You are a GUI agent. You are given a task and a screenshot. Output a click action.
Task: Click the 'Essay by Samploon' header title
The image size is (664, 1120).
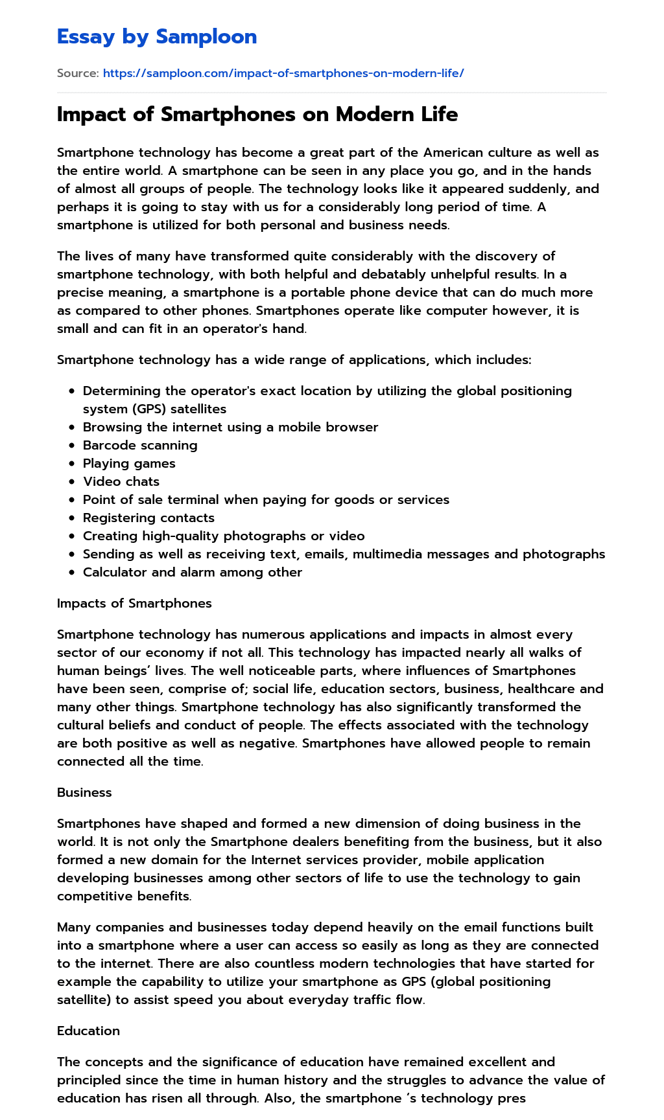click(157, 37)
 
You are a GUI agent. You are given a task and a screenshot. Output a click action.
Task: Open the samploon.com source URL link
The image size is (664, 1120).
click(283, 73)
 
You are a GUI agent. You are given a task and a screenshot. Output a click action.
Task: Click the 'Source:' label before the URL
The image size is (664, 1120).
click(78, 73)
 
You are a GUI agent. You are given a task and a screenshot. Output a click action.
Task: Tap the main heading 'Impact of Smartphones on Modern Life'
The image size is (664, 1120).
click(257, 114)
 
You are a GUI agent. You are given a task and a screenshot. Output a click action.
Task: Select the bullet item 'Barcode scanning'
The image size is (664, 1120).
click(140, 445)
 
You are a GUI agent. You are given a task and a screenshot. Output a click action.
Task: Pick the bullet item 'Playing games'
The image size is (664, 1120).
click(129, 463)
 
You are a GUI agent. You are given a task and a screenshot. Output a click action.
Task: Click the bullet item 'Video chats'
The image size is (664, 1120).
click(121, 481)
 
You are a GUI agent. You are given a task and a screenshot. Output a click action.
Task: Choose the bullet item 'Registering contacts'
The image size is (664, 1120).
click(148, 518)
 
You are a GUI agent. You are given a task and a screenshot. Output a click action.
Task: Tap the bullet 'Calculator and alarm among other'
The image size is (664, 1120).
click(193, 572)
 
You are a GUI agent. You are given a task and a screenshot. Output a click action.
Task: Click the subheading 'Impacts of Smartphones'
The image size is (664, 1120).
click(134, 603)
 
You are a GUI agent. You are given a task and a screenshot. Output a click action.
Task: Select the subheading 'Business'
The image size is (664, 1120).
click(84, 792)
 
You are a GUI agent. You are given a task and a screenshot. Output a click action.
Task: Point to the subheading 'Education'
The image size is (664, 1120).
click(88, 1031)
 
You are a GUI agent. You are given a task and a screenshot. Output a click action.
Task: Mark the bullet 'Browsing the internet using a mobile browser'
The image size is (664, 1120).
click(230, 427)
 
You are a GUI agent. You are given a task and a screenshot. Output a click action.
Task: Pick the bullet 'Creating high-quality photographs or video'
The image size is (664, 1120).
click(224, 536)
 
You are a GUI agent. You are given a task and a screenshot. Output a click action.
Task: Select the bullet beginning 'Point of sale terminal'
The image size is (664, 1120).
click(266, 499)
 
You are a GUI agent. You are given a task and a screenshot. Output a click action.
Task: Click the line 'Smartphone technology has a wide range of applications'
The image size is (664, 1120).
click(294, 360)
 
